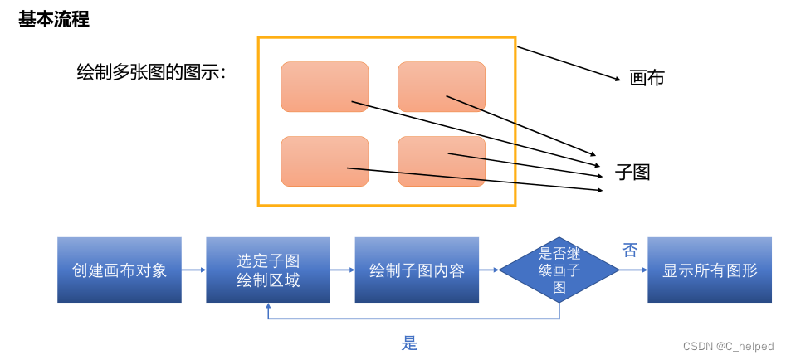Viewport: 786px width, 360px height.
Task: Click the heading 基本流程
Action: tap(54, 20)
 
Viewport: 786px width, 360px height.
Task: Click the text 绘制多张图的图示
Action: tap(151, 73)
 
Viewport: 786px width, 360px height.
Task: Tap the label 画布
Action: tap(647, 79)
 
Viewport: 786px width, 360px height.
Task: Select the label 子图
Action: tap(632, 173)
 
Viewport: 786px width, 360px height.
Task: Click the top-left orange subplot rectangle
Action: tap(325, 86)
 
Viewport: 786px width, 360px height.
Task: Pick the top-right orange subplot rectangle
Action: tap(441, 86)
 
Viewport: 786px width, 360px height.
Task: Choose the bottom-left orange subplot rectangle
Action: tap(325, 161)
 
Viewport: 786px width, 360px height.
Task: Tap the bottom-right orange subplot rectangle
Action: tap(441, 161)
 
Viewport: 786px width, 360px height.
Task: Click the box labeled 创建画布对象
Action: tap(120, 270)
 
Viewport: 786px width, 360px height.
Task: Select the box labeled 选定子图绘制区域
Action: tap(268, 270)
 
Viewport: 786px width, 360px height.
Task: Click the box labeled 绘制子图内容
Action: tap(417, 270)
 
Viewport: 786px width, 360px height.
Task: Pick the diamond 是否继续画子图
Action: tap(559, 270)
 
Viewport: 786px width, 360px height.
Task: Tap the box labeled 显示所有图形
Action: tap(710, 270)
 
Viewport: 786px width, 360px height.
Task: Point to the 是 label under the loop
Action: tap(409, 343)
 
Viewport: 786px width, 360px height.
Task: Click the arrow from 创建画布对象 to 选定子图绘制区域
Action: tap(193, 270)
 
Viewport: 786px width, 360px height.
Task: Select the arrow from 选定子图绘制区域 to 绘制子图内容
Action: tap(342, 270)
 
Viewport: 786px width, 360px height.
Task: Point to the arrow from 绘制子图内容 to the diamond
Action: tap(489, 270)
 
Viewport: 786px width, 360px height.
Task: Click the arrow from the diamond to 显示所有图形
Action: tap(633, 270)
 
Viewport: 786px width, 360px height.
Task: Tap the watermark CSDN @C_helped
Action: tap(728, 346)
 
